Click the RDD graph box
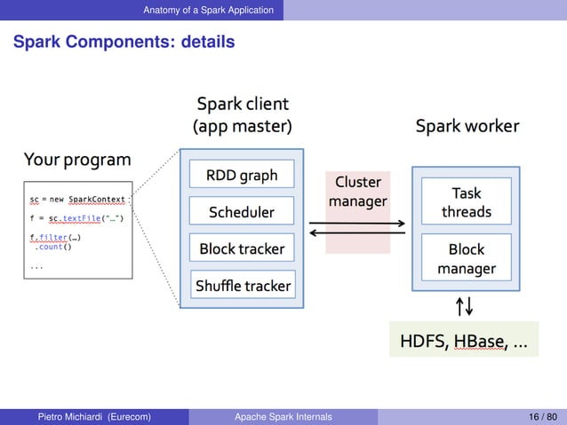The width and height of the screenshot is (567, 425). [242, 176]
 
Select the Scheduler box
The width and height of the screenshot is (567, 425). [242, 212]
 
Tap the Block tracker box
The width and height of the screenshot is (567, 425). [242, 249]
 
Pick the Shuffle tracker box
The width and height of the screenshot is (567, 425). [243, 286]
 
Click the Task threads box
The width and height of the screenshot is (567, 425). [466, 202]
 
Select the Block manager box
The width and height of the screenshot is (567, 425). [466, 259]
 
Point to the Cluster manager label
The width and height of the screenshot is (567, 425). [357, 192]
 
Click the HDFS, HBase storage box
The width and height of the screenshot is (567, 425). [463, 340]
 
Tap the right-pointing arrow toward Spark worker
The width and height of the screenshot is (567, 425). [357, 223]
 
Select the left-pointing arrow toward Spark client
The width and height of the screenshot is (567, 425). [357, 234]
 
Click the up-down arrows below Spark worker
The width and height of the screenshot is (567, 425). [464, 306]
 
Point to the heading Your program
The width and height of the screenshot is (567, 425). [77, 160]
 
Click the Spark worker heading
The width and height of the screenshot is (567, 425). [467, 127]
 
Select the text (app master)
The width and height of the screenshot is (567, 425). [242, 127]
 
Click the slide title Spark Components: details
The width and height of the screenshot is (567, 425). [124, 42]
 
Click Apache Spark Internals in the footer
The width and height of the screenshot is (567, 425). [283, 416]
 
